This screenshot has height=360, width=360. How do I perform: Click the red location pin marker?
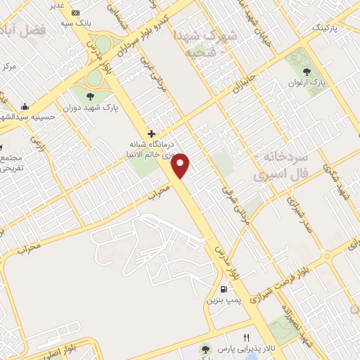pos(181,165)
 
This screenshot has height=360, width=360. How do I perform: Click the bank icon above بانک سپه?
pos(76,13)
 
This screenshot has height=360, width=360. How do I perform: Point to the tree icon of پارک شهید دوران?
pos(88,96)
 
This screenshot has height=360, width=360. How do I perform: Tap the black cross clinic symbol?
pos(150,133)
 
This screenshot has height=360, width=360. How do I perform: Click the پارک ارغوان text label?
pos(308,82)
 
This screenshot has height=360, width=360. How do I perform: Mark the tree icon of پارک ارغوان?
pos(307,71)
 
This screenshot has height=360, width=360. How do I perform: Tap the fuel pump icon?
pos(224,289)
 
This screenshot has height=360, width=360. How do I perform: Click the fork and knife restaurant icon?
pos(246,338)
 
